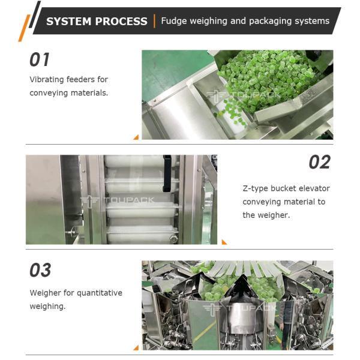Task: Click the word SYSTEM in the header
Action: point(68,22)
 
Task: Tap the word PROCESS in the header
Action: point(121,22)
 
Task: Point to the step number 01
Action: point(40,59)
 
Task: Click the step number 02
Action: point(320,162)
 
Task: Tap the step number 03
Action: point(40,270)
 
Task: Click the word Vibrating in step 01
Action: point(47,79)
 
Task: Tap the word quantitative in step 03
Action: point(99,293)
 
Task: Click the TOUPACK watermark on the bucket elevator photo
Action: point(117,201)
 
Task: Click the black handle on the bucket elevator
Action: point(167,173)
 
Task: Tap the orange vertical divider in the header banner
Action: point(155,21)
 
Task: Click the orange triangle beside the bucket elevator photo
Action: point(224,242)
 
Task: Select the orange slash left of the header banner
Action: point(25,28)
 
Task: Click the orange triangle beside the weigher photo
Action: point(136,347)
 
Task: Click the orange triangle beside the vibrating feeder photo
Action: point(136,137)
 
